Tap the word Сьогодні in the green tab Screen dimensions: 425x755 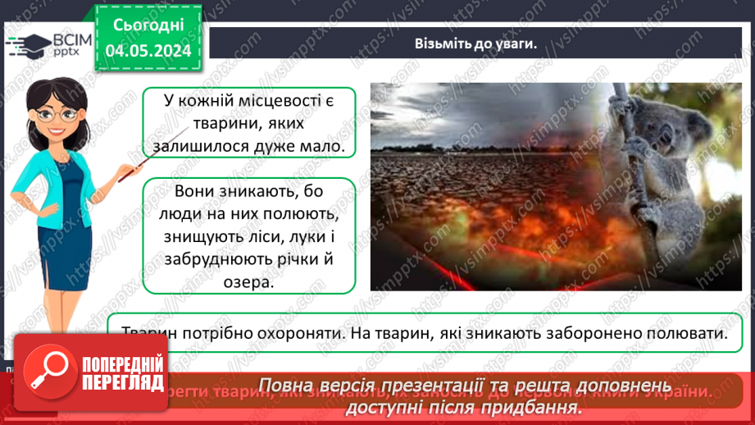tap(148, 25)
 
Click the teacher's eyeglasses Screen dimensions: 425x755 tap(57, 113)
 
